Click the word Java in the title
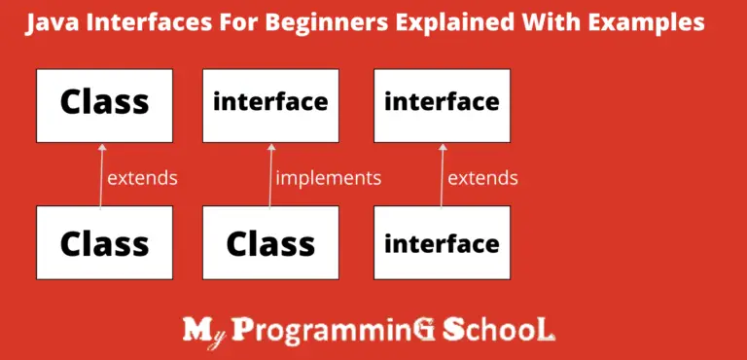tap(50, 23)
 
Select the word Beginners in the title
tap(333, 23)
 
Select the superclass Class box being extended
tap(104, 102)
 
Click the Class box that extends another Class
tap(104, 242)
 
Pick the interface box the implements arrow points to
tap(270, 102)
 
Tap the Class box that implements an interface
tap(270, 242)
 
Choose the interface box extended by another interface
tap(442, 102)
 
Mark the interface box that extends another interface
tap(442, 242)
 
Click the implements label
tap(328, 178)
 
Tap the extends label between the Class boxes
tap(142, 178)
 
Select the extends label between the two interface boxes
tap(482, 178)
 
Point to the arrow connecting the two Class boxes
tap(100, 175)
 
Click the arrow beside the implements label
tap(269, 175)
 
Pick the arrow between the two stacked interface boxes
tap(442, 175)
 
